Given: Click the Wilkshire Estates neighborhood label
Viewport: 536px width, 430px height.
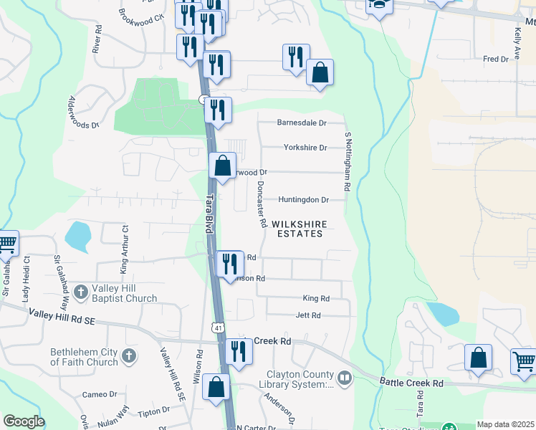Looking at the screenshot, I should (x=297, y=229).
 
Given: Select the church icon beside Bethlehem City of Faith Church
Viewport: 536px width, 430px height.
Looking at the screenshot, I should (x=129, y=355).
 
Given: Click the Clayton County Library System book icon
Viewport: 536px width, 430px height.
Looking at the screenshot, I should (x=345, y=377).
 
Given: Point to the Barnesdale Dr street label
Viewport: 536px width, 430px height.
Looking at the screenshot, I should (x=302, y=123).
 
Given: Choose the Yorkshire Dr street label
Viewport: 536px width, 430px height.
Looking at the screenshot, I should (x=305, y=148).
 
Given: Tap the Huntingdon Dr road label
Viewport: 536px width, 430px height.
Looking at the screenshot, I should (x=304, y=200).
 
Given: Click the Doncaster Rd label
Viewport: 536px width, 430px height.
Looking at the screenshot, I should (x=261, y=203).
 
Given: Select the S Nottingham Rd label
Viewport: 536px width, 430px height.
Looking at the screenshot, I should (x=347, y=162).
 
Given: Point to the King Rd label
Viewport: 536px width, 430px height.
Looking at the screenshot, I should (x=316, y=298).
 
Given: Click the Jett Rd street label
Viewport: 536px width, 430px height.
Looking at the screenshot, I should (x=308, y=315).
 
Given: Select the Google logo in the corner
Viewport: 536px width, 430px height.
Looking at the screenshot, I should (x=24, y=421).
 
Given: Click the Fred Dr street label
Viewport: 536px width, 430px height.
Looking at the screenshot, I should (x=495, y=59).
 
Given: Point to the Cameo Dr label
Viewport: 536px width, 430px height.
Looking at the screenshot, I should (x=99, y=394).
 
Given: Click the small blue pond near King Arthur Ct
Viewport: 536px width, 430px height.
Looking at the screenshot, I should (x=77, y=234).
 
